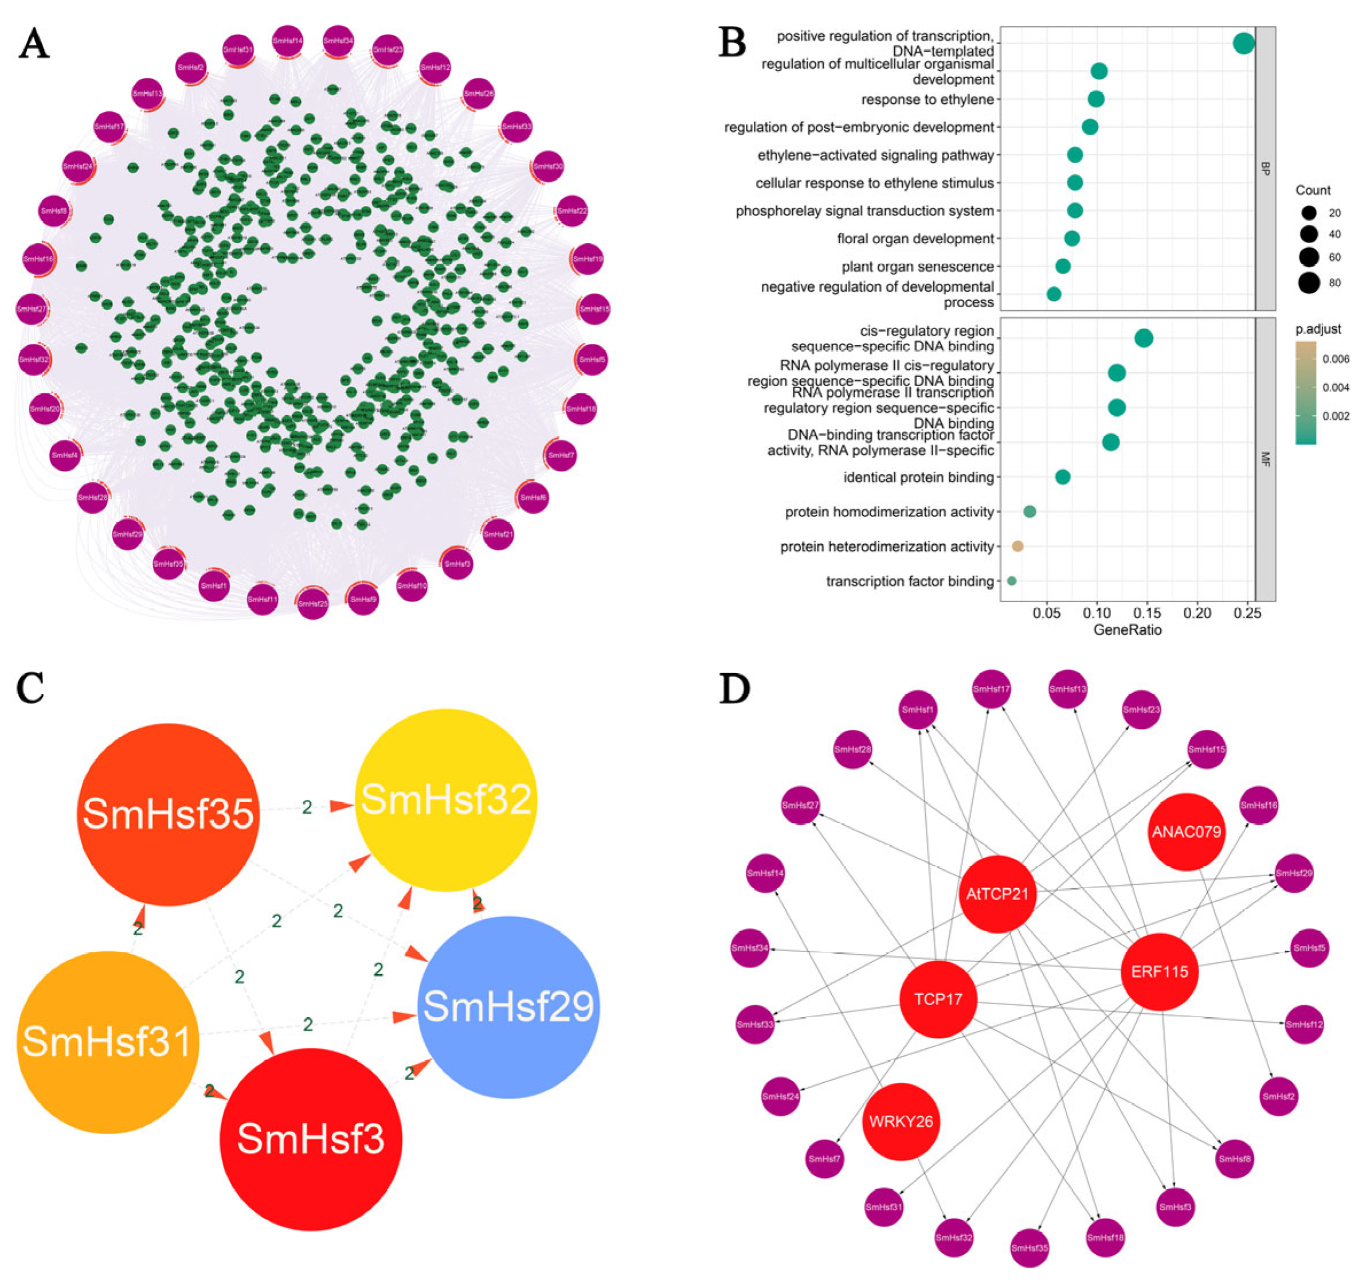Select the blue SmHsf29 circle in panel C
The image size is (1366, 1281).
pos(508,1007)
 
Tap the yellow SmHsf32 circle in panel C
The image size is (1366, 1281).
pos(446,800)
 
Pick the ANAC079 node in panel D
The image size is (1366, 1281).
pos(1187,831)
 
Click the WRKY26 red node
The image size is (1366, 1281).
pos(901,1122)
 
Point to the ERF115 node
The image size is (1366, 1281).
pos(1160,972)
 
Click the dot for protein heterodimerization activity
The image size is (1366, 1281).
pos(1017,546)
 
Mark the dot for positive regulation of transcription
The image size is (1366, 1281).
pos(1244,44)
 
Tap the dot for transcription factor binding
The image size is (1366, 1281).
pos(1011,581)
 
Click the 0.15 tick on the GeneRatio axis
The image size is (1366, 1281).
pos(1148,612)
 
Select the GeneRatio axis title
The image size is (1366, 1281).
pos(1128,630)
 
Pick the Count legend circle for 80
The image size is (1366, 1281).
pos(1309,283)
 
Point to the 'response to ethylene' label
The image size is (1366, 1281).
pos(927,100)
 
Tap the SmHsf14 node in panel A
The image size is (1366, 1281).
pos(288,41)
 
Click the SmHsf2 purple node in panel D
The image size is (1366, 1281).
pos(1279,1097)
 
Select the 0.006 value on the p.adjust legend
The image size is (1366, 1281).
pos(1336,359)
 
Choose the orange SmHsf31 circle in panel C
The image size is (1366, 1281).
pos(108,1041)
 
